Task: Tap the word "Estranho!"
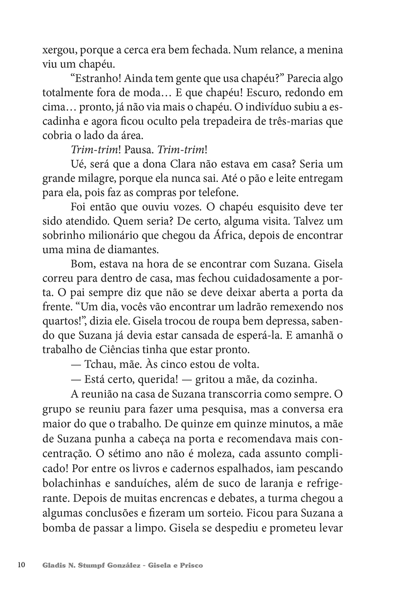point(95,79)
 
